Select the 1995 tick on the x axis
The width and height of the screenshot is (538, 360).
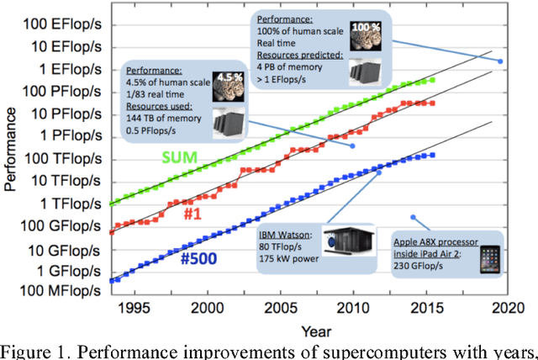coord(138,309)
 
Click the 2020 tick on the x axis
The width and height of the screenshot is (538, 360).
coord(500,309)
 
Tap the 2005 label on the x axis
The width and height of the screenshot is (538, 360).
coord(282,309)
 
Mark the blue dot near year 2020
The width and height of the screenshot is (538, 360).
coord(500,61)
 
